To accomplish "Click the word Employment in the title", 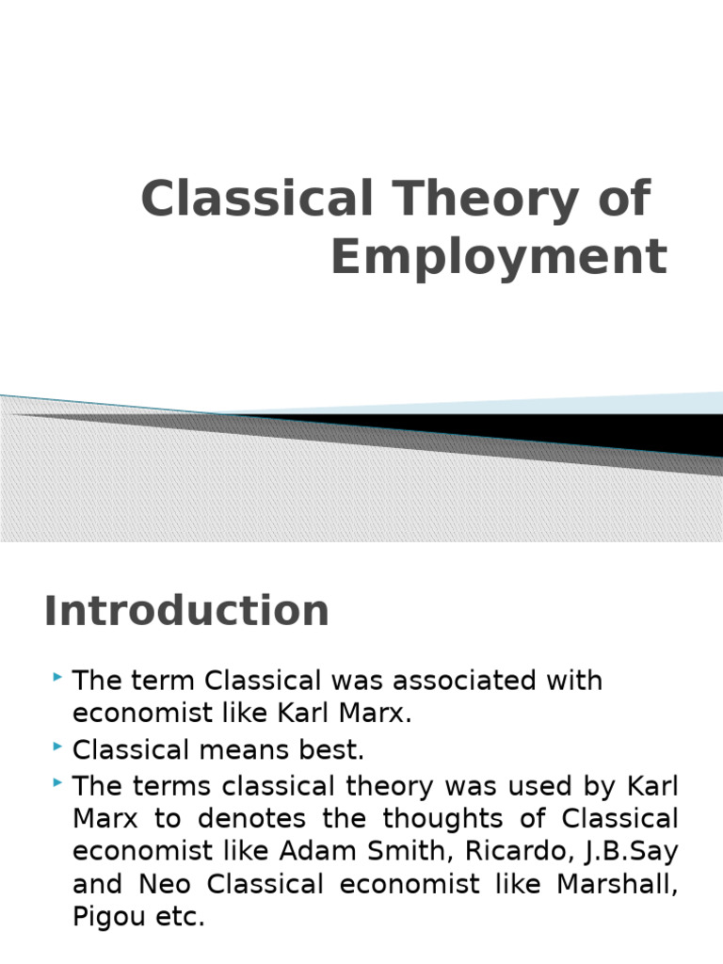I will tap(498, 257).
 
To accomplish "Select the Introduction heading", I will tap(186, 610).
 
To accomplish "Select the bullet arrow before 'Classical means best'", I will tap(58, 747).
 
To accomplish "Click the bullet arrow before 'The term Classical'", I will tap(58, 677).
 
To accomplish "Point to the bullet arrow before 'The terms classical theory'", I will tap(58, 781).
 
